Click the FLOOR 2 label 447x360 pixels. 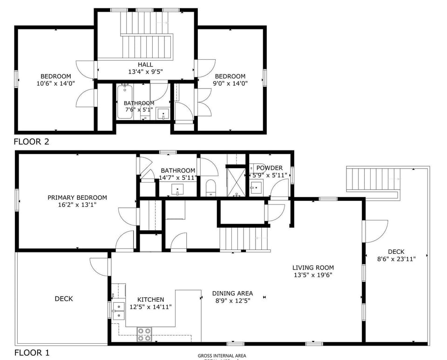tap(31, 142)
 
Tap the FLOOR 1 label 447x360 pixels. tap(31, 352)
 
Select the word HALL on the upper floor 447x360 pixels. tap(145, 65)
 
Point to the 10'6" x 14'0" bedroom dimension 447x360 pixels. tap(56, 83)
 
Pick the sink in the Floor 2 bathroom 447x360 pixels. tap(163, 114)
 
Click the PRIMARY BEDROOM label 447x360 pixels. tap(77, 197)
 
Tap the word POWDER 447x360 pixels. tap(269, 168)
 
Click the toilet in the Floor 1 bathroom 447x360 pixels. tap(210, 187)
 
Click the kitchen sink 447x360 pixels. tap(118, 311)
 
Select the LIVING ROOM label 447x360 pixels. tap(313, 267)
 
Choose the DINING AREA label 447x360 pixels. tap(232, 293)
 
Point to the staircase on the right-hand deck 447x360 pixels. tap(373, 179)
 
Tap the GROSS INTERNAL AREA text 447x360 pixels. tap(222, 356)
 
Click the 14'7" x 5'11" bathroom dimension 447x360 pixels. tap(178, 178)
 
